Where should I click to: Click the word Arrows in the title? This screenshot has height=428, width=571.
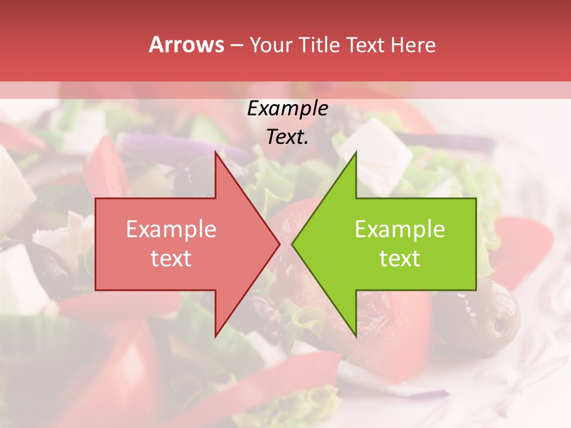tap(186, 45)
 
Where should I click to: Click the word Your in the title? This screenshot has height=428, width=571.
tap(271, 45)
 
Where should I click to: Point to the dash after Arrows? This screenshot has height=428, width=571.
tap(236, 45)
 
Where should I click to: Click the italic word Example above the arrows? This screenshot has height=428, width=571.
tap(287, 109)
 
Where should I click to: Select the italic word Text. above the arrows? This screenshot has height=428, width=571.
tap(287, 137)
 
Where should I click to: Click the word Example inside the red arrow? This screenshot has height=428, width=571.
tap(171, 229)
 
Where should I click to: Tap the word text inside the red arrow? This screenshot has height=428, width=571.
tap(171, 259)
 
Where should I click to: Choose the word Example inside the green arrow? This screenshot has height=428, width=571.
tap(400, 229)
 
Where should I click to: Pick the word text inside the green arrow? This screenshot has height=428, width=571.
tap(400, 259)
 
